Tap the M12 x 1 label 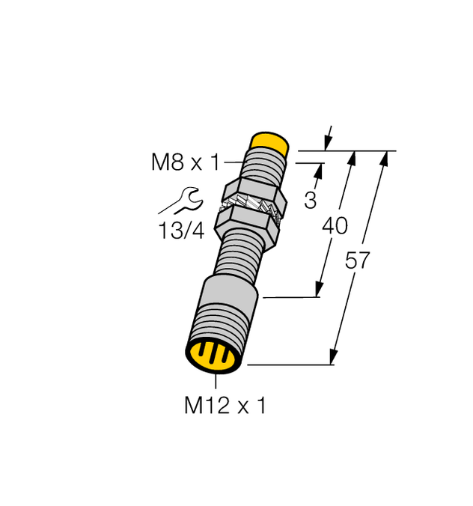pyautogui.click(x=225, y=406)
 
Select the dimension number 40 pyautogui.click(x=335, y=225)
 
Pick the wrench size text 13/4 pyautogui.click(x=182, y=231)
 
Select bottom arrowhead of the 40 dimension pyautogui.click(x=320, y=291)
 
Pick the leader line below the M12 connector pyautogui.click(x=218, y=380)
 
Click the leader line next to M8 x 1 pyautogui.click(x=234, y=161)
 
